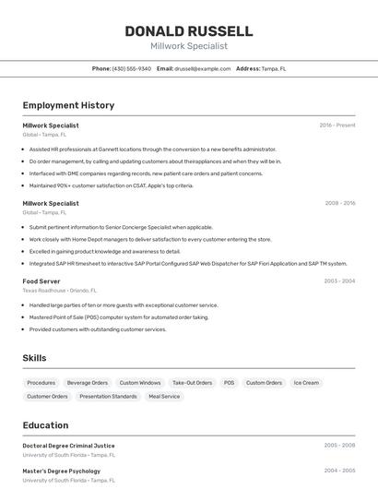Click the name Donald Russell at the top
[189, 30]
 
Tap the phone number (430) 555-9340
[132, 68]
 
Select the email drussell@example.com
[203, 68]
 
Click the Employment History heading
[68, 105]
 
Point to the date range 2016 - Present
[337, 125]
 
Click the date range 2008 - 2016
[340, 203]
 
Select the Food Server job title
[41, 280]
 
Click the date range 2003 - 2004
[339, 280]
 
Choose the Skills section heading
[34, 358]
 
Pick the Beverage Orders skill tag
[88, 382]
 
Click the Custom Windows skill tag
[140, 382]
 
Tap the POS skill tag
[229, 382]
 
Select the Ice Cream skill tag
[306, 382]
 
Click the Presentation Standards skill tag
[108, 396]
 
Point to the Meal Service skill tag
[164, 396]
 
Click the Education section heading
[45, 425]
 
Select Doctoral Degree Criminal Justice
[69, 446]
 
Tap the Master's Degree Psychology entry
[61, 471]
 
